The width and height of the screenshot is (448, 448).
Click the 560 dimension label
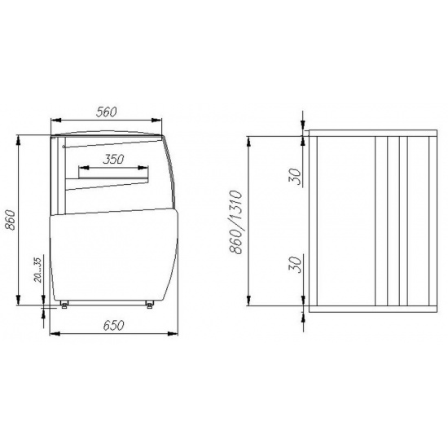click(106, 112)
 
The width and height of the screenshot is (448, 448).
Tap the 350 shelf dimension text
click(113, 160)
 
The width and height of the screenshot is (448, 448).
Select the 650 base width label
click(114, 326)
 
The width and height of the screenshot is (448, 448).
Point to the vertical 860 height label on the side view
click(10, 220)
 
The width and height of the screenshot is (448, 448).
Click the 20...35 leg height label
click(37, 270)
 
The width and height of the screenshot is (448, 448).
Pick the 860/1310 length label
click(236, 222)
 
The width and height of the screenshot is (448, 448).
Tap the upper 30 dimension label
click(295, 176)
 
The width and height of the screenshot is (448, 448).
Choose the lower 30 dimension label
click(295, 264)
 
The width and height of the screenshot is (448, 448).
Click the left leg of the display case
click(64, 305)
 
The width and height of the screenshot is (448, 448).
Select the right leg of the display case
click(149, 305)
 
